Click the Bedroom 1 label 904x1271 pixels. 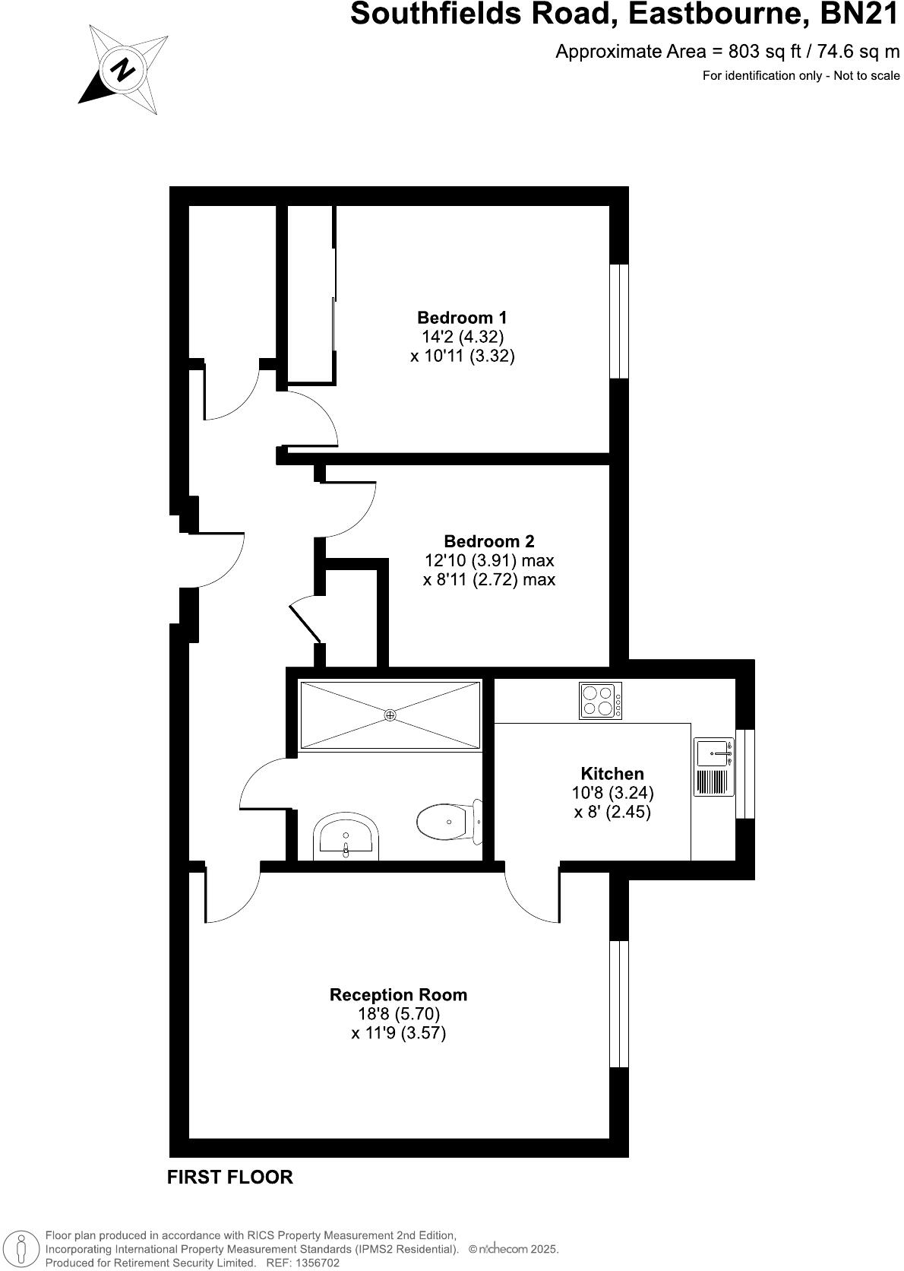(462, 317)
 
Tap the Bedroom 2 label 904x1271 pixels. (488, 541)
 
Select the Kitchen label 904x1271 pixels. (612, 774)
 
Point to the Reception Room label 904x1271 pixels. (398, 994)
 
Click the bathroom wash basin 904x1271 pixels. (346, 838)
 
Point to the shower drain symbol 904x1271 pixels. (390, 715)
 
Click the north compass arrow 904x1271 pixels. (122, 71)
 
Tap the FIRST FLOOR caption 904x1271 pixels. (229, 1177)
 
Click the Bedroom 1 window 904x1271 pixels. (620, 321)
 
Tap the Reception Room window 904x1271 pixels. (620, 1003)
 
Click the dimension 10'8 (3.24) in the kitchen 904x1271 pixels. (612, 792)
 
